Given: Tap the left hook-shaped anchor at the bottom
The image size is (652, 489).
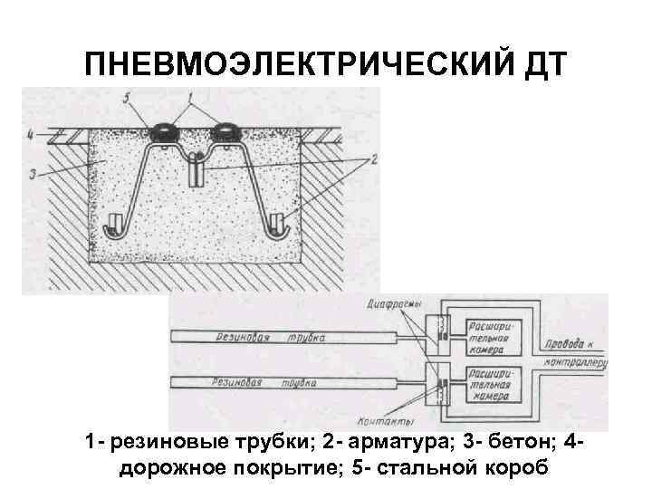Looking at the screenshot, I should coord(116,226).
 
